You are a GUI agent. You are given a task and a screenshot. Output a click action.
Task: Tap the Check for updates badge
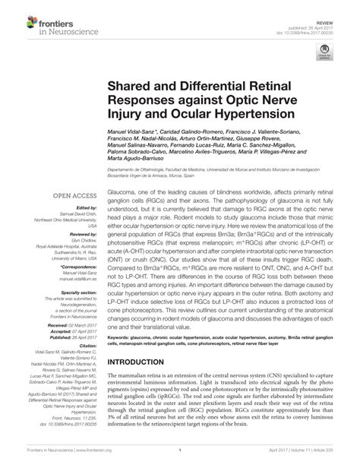pyautogui.click(x=327, y=52)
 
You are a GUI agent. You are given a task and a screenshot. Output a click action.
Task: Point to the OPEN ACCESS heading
pyautogui.click(x=74, y=194)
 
